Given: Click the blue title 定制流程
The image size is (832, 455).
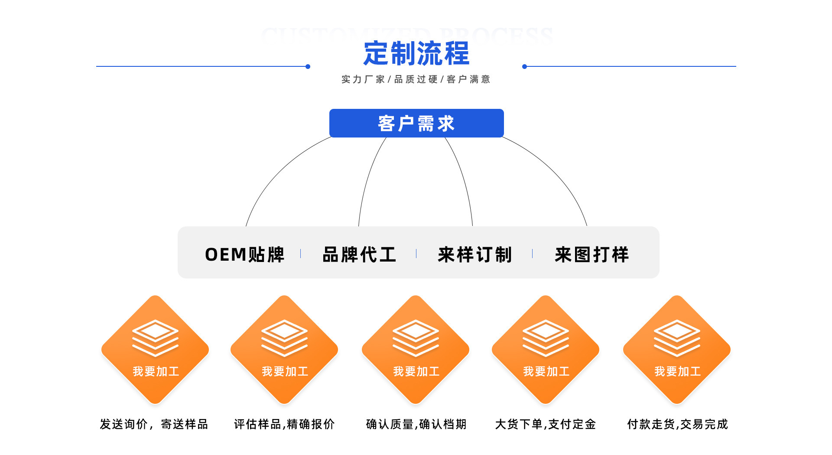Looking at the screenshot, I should coord(416,53).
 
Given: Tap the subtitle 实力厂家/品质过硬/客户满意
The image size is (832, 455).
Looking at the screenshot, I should coord(416,79).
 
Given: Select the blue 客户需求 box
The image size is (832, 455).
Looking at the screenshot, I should coord(416,123).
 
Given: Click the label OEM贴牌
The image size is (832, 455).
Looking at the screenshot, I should coord(245,255).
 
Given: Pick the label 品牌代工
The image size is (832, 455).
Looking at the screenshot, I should coord(359,255).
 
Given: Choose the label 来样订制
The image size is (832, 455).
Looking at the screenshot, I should coord(475,255).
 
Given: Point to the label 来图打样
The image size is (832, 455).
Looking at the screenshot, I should coord(591,255).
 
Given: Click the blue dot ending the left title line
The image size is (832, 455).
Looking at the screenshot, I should coord(308,66).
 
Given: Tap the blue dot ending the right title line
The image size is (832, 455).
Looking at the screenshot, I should coord(524,66).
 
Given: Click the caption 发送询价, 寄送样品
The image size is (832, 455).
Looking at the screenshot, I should coord(154,424).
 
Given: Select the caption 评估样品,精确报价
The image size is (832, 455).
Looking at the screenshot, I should coord(284,424).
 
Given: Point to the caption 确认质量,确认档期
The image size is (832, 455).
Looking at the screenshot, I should coord(416,424).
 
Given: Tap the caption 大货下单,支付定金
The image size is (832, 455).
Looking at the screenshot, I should coord(546,424).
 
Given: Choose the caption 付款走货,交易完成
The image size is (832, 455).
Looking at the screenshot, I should coord(677,424).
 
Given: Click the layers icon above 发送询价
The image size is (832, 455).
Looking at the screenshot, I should coord(155,338).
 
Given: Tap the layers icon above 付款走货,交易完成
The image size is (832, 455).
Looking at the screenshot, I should coord(677,338).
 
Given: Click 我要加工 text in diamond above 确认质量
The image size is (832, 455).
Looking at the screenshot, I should coord(416,371).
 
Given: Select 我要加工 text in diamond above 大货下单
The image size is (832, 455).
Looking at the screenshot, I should coord(546,371).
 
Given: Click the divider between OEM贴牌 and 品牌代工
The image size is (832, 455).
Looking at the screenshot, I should coord(300,254).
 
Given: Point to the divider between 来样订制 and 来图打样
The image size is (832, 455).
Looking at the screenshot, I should coord(532,254).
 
